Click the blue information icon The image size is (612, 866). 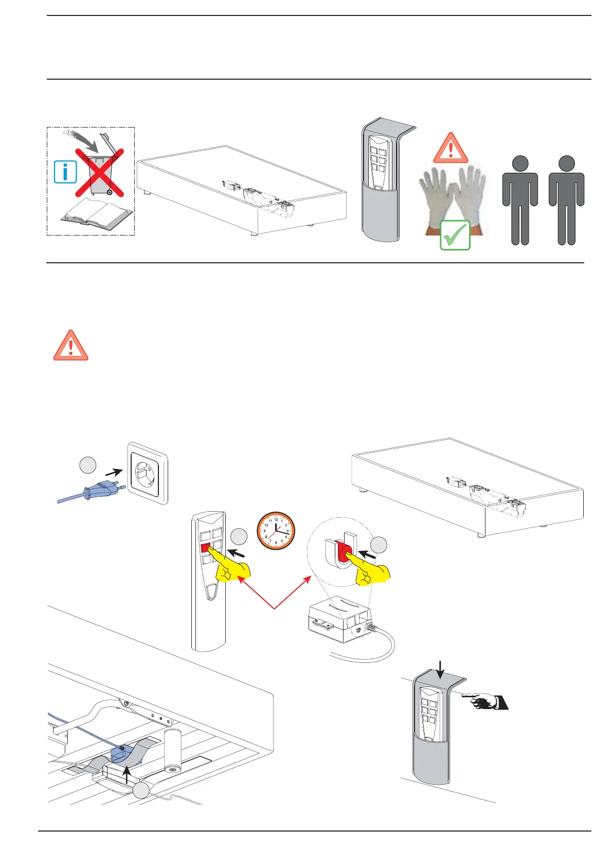coord(65,172)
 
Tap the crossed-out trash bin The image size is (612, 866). coord(100,172)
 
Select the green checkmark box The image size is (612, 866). coord(455,235)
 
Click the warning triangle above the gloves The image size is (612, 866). coord(451,149)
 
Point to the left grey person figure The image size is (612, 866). coord(520,201)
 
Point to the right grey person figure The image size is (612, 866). coord(566,201)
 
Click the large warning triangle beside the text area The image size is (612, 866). coord(71,346)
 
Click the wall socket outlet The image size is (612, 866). coord(148,473)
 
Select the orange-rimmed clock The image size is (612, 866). coord(276,531)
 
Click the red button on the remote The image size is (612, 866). coord(207,548)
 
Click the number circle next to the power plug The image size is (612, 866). coord(87,465)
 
